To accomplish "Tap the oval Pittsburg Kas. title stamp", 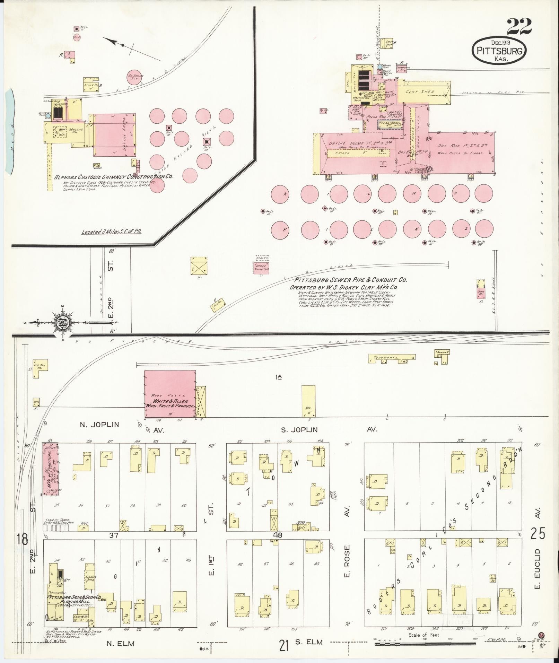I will tap(499, 51).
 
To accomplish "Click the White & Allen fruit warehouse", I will tap(170, 395).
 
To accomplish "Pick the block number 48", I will tap(278, 545).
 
